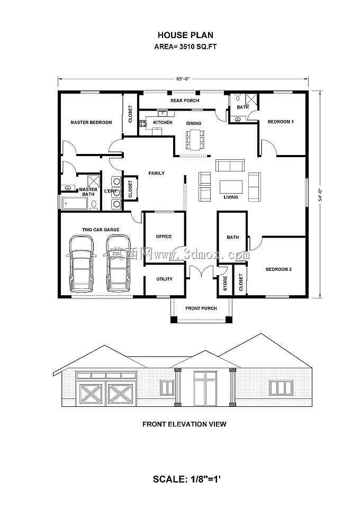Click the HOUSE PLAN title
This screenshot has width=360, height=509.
coord(185,35)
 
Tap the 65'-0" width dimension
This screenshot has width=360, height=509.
coord(183,78)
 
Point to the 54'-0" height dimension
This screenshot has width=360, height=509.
coord(320,195)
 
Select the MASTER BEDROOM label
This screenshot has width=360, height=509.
coord(91,122)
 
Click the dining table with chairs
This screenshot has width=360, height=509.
coord(195,140)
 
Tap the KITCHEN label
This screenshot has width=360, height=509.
coord(163,122)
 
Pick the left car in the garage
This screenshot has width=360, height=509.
coord(81,263)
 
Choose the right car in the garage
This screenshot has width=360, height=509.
coord(119,263)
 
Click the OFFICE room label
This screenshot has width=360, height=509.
coord(164,237)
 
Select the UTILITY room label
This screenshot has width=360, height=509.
coord(165,279)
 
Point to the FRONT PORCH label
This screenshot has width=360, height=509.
coord(201,308)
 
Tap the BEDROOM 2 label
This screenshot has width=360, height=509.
coord(279,269)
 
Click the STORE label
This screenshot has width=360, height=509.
coord(225,283)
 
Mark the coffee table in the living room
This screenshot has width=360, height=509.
coord(231,187)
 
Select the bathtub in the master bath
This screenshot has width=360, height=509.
coord(75,204)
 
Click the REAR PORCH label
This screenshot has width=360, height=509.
coord(185,101)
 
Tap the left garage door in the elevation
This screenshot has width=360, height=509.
coord(91,394)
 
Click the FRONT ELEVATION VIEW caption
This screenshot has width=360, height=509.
coord(184,424)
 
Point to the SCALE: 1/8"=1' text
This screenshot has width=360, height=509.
coord(187,479)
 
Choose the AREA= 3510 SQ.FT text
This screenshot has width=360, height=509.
coord(185,47)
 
